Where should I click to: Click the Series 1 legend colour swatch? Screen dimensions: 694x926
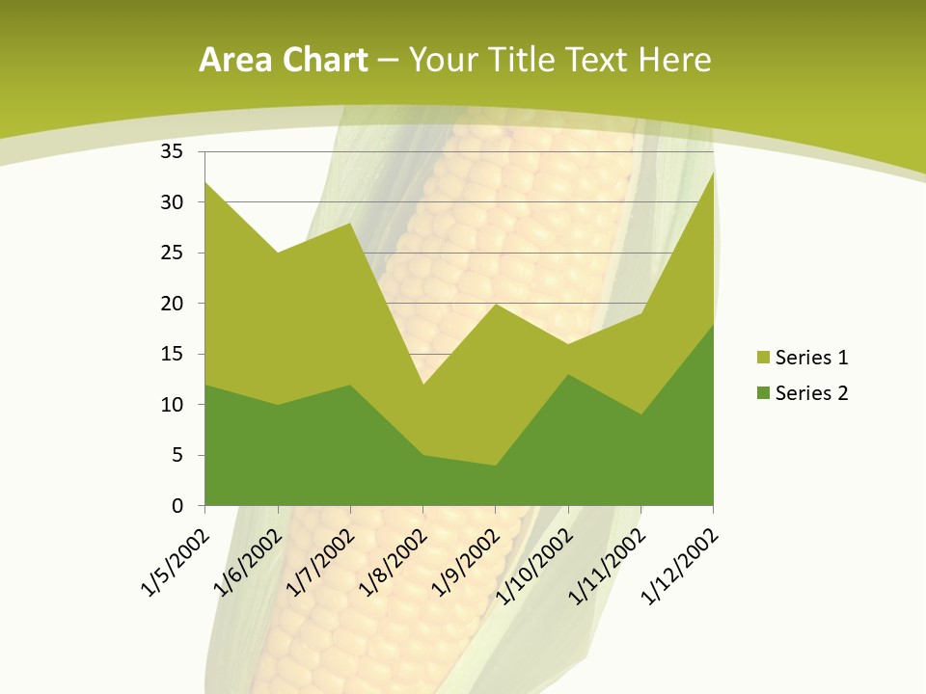tap(763, 358)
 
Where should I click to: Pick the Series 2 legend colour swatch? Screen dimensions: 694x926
tap(763, 392)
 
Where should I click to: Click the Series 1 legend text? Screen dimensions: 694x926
tap(811, 358)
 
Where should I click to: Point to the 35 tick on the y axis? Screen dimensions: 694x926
tap(171, 151)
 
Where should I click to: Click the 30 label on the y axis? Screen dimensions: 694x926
tap(171, 202)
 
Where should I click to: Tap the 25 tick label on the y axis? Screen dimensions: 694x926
tap(171, 253)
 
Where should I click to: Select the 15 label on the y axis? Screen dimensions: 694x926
tap(171, 354)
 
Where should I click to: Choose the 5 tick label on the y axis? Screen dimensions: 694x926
tap(177, 455)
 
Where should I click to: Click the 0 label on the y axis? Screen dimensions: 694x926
tap(177, 505)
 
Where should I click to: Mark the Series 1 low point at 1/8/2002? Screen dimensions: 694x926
tap(422, 385)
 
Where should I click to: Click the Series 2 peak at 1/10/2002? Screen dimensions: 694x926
tap(568, 374)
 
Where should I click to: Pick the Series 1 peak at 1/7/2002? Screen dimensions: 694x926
tap(350, 223)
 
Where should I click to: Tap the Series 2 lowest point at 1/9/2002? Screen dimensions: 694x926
tap(495, 466)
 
